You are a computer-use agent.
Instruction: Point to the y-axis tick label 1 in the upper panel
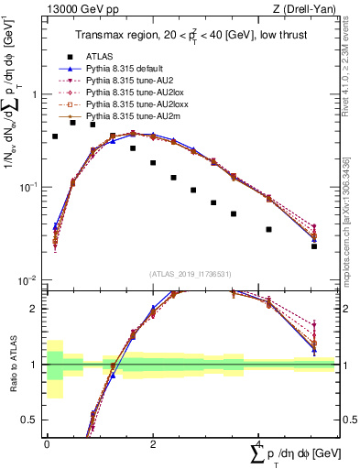tap(34, 94)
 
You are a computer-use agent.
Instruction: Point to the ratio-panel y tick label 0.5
tap(30, 420)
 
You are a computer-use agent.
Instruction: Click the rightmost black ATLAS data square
tap(313, 245)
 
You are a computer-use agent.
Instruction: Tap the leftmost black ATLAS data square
tap(55, 136)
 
